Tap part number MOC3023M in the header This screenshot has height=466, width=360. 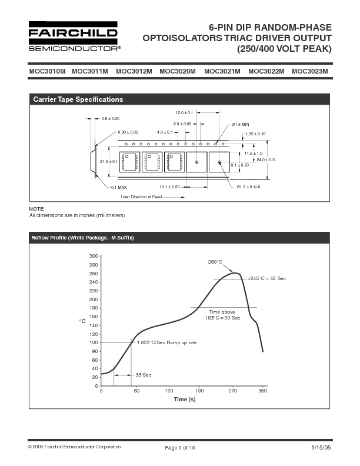click(310, 72)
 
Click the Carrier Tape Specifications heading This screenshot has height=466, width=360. click(78, 99)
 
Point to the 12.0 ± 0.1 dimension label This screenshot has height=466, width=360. click(184, 112)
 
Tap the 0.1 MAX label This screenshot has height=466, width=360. click(118, 187)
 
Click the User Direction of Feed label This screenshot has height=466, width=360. click(141, 197)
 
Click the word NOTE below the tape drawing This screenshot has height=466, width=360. click(36, 209)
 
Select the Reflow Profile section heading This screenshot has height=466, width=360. click(84, 238)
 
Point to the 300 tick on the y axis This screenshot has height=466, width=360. click(94, 257)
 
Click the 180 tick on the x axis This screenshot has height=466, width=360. click(199, 391)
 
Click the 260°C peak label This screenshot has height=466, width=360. click(215, 262)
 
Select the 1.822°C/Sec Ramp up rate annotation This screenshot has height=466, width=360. click(166, 342)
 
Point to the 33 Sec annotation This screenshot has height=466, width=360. click(143, 375)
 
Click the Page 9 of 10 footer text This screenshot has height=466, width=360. click(179, 448)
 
